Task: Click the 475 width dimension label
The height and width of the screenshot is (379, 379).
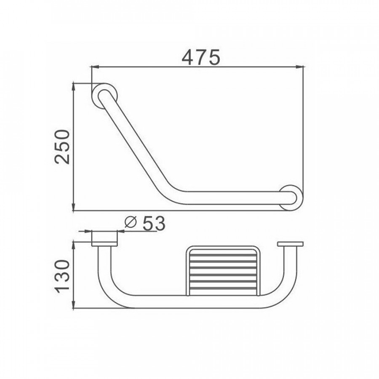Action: coord(201,57)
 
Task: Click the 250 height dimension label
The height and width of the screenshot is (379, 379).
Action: coord(62,147)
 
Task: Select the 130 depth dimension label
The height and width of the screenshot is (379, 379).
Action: coord(62,276)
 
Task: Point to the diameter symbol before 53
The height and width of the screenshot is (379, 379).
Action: coord(131,222)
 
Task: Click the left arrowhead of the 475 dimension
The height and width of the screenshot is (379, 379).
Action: coord(95,67)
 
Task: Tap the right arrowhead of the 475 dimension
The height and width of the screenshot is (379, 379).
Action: coord(300,67)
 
